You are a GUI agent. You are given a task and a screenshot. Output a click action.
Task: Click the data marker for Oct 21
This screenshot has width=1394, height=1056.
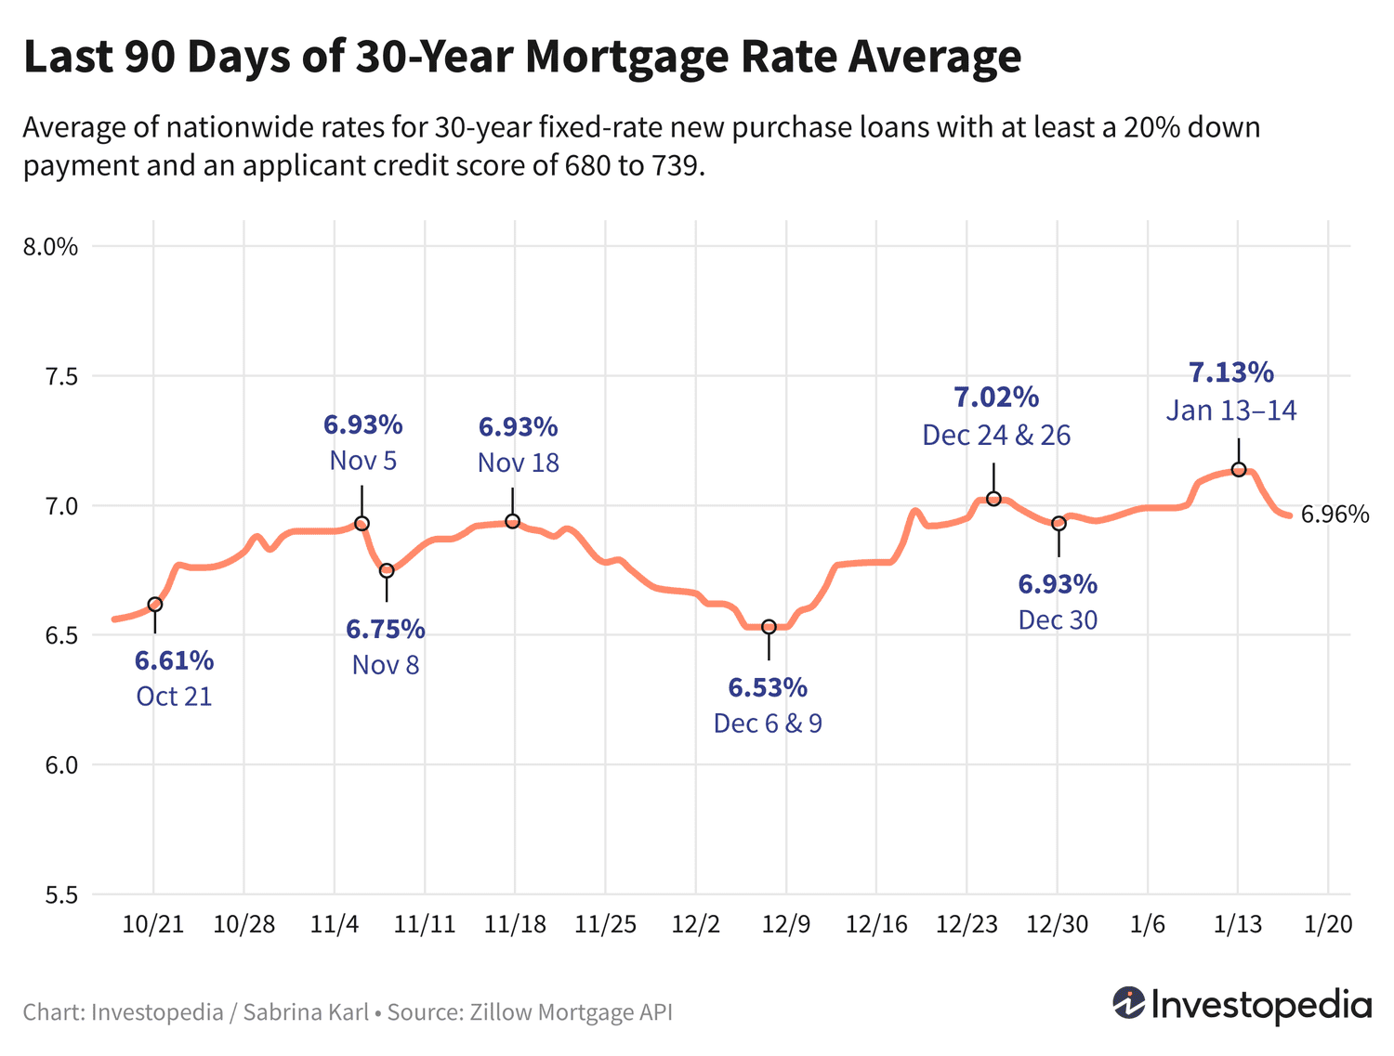[x=155, y=605]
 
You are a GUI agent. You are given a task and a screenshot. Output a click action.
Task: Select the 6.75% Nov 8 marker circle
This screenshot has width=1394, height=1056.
[x=387, y=570]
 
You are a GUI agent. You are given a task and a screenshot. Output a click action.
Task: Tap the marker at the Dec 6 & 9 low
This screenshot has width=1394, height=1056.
[x=769, y=627]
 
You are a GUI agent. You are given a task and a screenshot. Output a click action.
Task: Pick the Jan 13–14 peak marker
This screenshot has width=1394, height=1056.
[x=1238, y=470]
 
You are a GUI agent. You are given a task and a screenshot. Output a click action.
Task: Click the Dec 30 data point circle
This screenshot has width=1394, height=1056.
[x=1059, y=524]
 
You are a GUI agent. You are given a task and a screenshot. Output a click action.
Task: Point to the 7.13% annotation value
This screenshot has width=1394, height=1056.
[x=1231, y=373]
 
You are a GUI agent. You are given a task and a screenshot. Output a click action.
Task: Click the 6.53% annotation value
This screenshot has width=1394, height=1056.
[x=768, y=688]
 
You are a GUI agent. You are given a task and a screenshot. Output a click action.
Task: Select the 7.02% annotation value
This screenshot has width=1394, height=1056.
[x=996, y=398]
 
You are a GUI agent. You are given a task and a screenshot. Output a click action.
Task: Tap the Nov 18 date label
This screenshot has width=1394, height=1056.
[x=519, y=463]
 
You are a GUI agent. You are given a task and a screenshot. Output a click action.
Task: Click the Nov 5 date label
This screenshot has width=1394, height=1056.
[x=363, y=461]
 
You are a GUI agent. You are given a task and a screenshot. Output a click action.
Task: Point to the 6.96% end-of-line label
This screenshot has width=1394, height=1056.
[x=1335, y=515]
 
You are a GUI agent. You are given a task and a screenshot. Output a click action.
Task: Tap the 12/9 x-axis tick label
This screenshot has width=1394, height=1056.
[x=786, y=925]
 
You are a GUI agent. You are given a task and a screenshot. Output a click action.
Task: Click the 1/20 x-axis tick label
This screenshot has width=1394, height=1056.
[x=1329, y=925]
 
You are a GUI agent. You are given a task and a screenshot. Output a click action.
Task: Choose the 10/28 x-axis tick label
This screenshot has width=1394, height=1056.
[x=244, y=925]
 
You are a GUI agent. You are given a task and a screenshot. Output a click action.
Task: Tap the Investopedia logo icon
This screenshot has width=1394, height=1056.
[x=1128, y=1003]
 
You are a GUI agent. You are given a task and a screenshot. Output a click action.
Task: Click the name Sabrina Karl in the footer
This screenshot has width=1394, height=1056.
[x=306, y=1012]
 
